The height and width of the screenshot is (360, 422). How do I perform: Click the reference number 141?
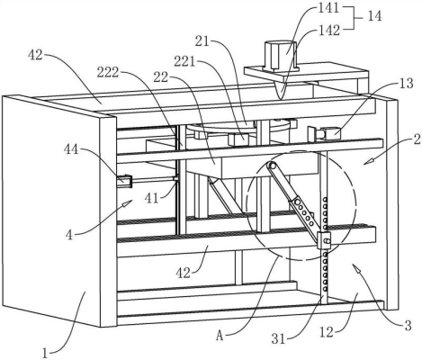click(328, 8)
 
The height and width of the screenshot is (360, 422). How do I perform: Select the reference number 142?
click(328, 30)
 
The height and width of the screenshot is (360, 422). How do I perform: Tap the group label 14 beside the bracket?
click(374, 16)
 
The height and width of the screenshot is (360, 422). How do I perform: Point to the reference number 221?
click(185, 62)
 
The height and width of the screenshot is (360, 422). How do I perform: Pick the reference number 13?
click(406, 84)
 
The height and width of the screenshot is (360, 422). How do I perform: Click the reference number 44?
click(71, 148)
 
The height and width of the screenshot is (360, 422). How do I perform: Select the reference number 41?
click(152, 198)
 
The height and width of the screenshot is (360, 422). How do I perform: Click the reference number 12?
click(327, 332)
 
